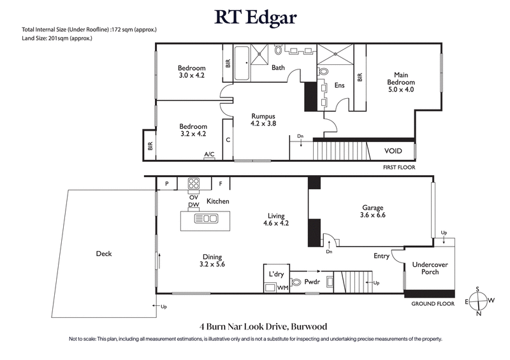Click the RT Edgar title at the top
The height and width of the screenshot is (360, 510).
pyautogui.click(x=255, y=18)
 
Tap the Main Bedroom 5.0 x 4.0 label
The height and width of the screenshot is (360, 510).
pyautogui.click(x=400, y=82)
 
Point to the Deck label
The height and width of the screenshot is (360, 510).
pyautogui.click(x=103, y=254)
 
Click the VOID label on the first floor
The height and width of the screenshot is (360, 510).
pyautogui.click(x=393, y=152)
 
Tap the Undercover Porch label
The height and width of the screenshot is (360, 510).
pyautogui.click(x=430, y=268)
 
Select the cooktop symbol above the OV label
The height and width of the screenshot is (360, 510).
pyautogui.click(x=194, y=184)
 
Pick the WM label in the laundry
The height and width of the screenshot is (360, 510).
pyautogui.click(x=282, y=288)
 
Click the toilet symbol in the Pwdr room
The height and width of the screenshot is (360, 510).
pyautogui.click(x=296, y=282)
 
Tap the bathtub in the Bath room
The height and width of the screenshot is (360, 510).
pyautogui.click(x=242, y=66)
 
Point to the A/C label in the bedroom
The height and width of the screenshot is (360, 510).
pyautogui.click(x=208, y=154)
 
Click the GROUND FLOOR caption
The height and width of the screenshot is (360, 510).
pyautogui.click(x=432, y=304)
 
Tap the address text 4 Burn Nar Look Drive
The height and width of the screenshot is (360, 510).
pyautogui.click(x=255, y=324)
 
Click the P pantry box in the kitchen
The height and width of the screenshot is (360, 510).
pyautogui.click(x=166, y=184)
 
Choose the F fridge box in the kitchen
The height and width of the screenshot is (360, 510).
pyautogui.click(x=221, y=184)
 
